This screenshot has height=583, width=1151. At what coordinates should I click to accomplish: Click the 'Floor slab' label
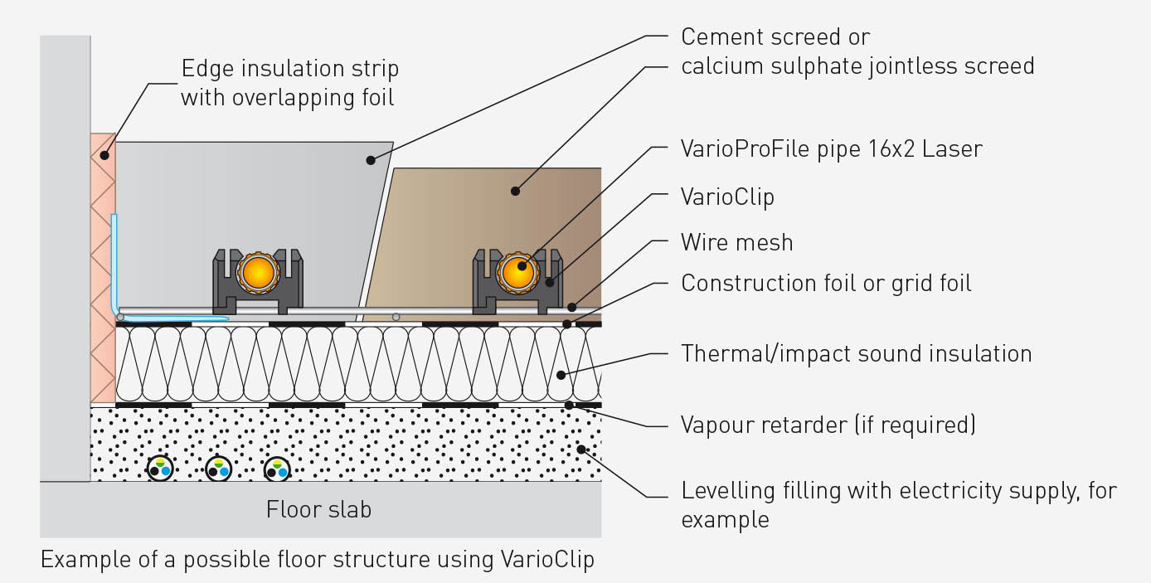(318, 509)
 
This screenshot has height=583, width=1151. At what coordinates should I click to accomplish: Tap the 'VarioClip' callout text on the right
(727, 197)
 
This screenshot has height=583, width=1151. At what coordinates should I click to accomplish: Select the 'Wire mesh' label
(737, 242)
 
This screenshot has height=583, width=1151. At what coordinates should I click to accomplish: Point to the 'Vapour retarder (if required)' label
(828, 425)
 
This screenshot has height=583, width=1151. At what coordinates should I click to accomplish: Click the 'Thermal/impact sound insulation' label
(856, 354)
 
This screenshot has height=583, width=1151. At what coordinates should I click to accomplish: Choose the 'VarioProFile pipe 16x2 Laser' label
(832, 149)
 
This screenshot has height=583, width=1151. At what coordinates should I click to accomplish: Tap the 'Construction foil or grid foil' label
(826, 284)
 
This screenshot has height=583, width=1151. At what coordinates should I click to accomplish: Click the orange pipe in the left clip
(258, 273)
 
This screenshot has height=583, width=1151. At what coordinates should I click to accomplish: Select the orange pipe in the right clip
(517, 273)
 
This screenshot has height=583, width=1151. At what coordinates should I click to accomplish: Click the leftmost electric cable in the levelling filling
(160, 469)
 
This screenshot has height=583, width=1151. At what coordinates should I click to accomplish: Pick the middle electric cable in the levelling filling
(218, 469)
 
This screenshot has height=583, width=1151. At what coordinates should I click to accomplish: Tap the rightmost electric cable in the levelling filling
(277, 469)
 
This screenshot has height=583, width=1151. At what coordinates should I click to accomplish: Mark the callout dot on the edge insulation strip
(104, 155)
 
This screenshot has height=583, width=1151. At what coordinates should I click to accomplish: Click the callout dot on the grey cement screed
(371, 160)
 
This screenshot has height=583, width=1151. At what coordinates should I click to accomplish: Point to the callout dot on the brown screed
(515, 191)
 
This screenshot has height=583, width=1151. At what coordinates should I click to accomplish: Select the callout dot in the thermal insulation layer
(561, 376)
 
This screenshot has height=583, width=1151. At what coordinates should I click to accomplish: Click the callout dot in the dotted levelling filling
(581, 449)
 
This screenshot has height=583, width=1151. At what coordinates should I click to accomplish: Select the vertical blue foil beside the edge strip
(114, 263)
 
